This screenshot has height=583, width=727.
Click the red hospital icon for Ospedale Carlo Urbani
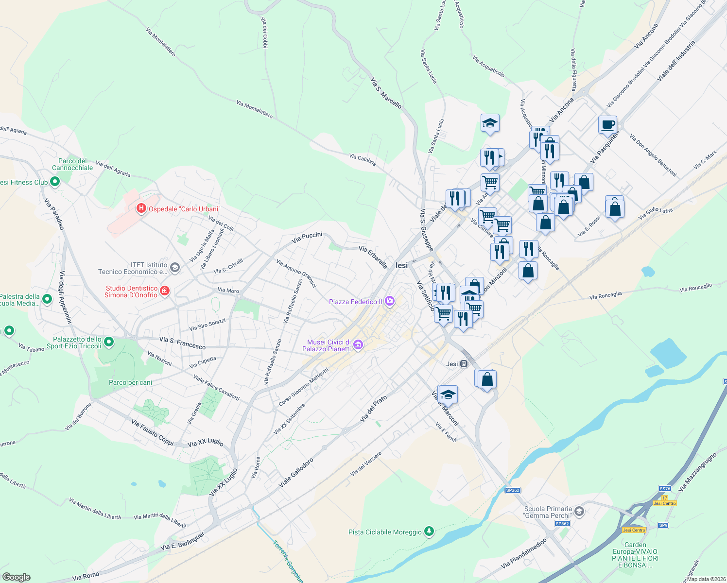pyautogui.click(x=141, y=208)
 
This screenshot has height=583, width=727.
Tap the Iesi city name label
pyautogui.click(x=402, y=265)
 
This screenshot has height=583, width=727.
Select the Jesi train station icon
pyautogui.click(x=464, y=363)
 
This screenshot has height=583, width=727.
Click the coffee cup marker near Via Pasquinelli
pyautogui.click(x=607, y=124)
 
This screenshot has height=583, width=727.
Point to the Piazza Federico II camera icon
pyautogui.click(x=389, y=302)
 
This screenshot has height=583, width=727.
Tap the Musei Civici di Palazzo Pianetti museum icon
pyautogui.click(x=358, y=345)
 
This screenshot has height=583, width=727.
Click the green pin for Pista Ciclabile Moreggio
pyautogui.click(x=429, y=532)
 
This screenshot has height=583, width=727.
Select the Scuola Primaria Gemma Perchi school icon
pyautogui.click(x=579, y=511)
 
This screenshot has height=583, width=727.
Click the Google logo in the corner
pyautogui.click(x=16, y=577)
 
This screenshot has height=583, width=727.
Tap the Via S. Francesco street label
pyautogui.click(x=182, y=343)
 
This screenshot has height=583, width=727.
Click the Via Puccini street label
pyautogui.click(x=307, y=238)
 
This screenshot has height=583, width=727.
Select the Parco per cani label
pyautogui.click(x=130, y=382)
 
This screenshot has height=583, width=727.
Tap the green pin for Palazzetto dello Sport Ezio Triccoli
pyautogui.click(x=109, y=342)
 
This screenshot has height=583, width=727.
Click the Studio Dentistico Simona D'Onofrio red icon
pyautogui.click(x=165, y=291)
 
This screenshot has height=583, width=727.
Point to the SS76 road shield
pyautogui.click(x=665, y=489)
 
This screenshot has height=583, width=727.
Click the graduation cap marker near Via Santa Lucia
pyautogui.click(x=490, y=123)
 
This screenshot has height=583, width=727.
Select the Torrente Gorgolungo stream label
pyautogui.click(x=288, y=561)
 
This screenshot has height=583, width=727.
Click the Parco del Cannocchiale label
pyautogui.click(x=72, y=164)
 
